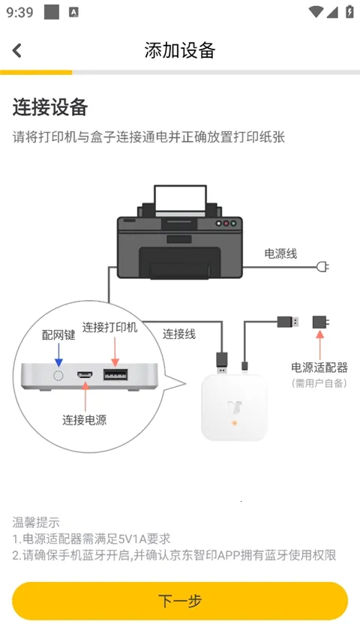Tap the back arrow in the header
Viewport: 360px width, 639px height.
tap(17, 50)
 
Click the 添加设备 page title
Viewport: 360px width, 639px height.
tap(180, 50)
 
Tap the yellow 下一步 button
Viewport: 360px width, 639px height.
tap(180, 601)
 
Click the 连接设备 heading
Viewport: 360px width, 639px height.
tap(50, 107)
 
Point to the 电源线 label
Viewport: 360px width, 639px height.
tap(280, 254)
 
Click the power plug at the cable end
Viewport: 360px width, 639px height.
tap(323, 266)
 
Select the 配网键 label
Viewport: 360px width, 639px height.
tap(58, 335)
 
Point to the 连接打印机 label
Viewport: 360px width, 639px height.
tap(110, 328)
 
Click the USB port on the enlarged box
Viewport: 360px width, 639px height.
tap(115, 375)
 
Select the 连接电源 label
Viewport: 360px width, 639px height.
tap(84, 420)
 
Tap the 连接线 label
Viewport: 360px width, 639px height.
tap(179, 334)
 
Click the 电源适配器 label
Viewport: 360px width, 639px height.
tap(319, 367)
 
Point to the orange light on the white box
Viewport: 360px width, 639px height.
tap(235, 424)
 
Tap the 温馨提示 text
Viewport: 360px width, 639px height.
tap(36, 522)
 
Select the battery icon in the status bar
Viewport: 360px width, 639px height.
tap(349, 12)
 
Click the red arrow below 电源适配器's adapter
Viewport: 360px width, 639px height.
tap(320, 345)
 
